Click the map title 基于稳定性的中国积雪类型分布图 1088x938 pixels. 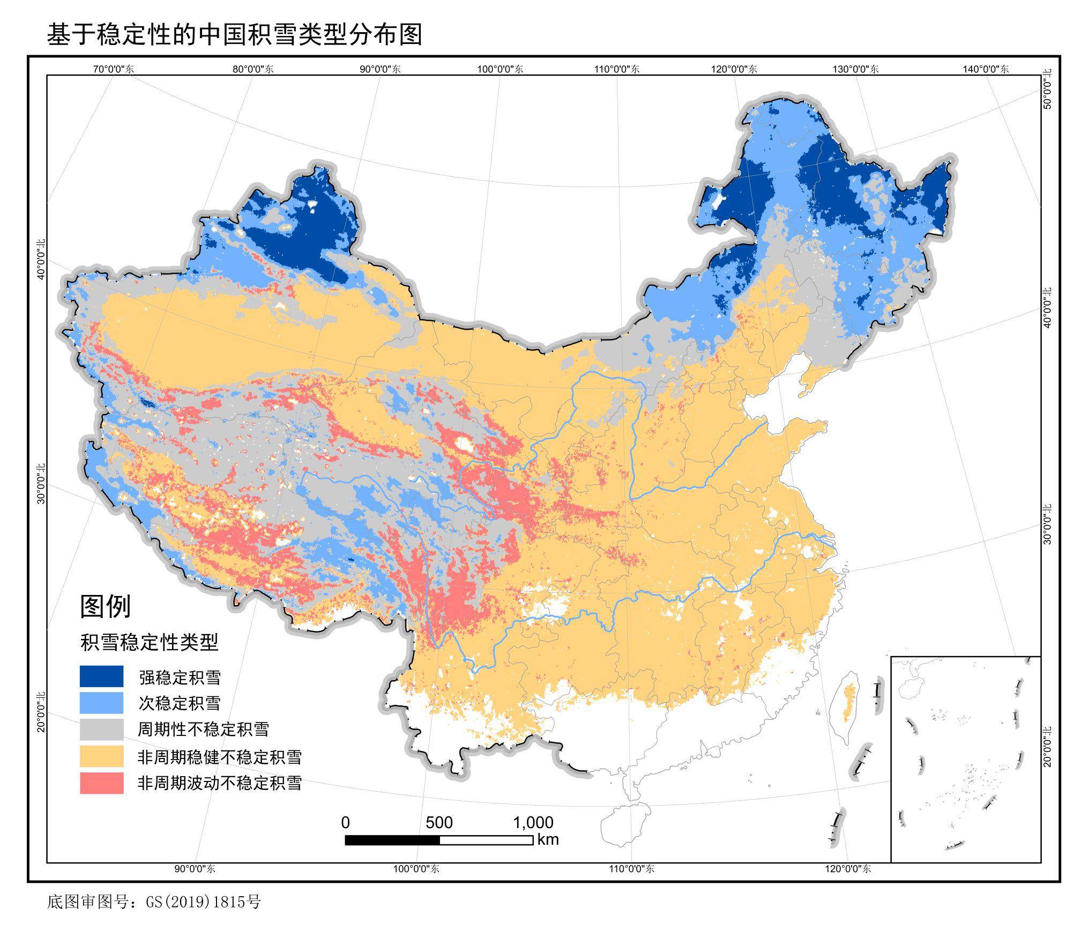[x=235, y=34]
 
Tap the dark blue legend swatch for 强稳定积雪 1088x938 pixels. [x=101, y=676]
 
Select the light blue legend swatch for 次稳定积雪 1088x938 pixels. [x=101, y=702]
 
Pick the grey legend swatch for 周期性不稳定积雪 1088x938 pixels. [x=101, y=729]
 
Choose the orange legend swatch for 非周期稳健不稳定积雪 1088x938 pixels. [x=101, y=756]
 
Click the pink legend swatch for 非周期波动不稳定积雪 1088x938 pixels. [x=101, y=783]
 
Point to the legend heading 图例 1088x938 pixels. [x=105, y=606]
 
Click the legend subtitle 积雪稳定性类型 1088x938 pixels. [x=149, y=642]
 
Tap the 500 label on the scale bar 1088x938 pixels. [x=439, y=822]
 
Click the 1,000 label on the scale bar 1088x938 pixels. [x=533, y=822]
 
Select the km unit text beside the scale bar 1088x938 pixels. [x=548, y=839]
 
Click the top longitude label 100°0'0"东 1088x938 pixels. [x=500, y=69]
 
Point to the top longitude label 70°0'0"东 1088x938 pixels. [x=114, y=69]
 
